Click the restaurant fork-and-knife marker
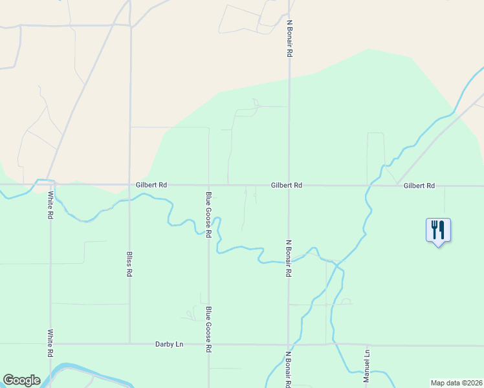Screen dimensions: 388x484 point(438,230)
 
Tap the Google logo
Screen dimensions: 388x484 point(21,380)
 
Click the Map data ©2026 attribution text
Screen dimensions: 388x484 point(456,382)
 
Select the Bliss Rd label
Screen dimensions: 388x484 point(129,264)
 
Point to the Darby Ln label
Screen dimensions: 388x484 point(170,344)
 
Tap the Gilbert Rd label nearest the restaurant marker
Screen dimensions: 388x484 point(419,186)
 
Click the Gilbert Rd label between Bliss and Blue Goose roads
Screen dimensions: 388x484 point(151,185)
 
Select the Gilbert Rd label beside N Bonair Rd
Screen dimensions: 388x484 point(287,185)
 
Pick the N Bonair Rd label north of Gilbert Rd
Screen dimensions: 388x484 point(289,38)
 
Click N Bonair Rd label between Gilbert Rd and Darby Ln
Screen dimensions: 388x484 point(289,259)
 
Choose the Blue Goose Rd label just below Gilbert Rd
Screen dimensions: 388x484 point(208,215)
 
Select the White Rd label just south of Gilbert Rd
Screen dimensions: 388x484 point(50,204)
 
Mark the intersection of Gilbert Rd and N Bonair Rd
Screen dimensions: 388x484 point(289,186)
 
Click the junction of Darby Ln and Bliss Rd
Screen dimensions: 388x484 point(130,344)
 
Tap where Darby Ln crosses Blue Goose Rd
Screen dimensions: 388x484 point(208,344)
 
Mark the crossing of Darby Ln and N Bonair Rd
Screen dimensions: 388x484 point(289,344)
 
